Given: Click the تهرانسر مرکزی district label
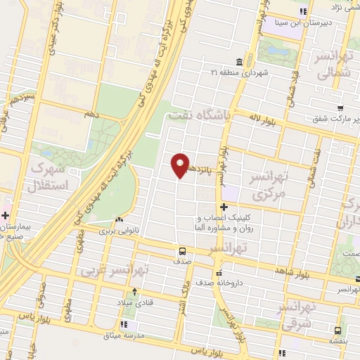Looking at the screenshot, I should click(x=271, y=185).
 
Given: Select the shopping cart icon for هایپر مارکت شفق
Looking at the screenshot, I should click(x=340, y=108).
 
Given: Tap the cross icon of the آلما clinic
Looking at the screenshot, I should click(x=224, y=207).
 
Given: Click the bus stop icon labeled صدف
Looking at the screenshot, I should click(x=183, y=250).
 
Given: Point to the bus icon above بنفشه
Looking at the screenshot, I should click(x=339, y=330).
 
